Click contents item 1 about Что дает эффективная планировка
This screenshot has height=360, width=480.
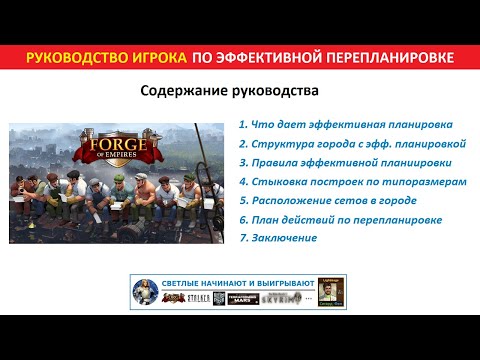pos(346,125)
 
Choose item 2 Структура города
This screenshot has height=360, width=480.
pos(353,145)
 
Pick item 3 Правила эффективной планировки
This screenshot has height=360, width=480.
pos(344,164)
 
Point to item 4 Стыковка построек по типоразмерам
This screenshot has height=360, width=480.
pos(353,183)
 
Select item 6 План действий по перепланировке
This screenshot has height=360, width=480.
pos(341,220)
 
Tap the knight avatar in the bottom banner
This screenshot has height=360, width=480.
pos(146,291)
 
